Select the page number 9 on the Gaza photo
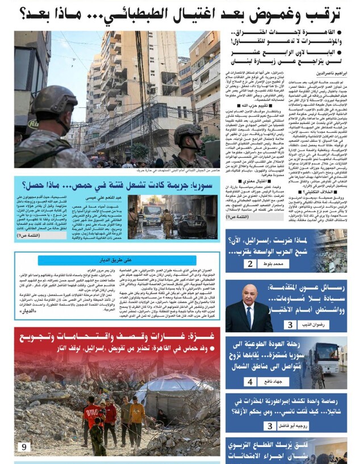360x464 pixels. coord(23,447)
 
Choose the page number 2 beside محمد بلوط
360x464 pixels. coord(250,264)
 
